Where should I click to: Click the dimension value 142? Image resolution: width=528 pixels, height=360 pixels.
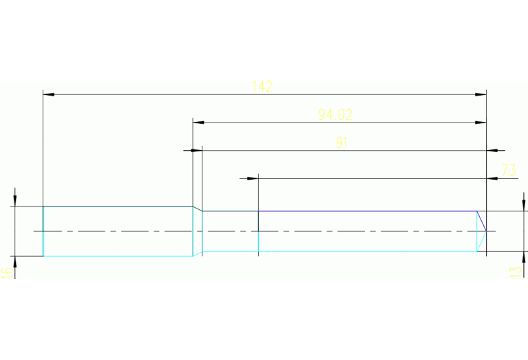pyautogui.click(x=262, y=87)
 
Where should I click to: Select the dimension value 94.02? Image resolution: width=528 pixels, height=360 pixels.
pyautogui.click(x=335, y=115)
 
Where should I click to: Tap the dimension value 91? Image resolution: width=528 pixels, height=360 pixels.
pyautogui.click(x=342, y=142)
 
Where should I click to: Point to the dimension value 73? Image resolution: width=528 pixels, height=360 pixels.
pyautogui.click(x=509, y=170)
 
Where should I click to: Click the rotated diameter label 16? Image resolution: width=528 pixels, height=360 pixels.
pyautogui.click(x=6, y=271)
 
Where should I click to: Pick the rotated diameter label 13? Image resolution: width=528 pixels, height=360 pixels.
pyautogui.click(x=514, y=271)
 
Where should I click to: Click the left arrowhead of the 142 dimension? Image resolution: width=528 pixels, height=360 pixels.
pyautogui.click(x=48, y=94)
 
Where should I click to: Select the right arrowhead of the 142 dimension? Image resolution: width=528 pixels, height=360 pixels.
pyautogui.click(x=481, y=94)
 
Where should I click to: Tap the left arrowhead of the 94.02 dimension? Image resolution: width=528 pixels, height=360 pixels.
pyautogui.click(x=198, y=123)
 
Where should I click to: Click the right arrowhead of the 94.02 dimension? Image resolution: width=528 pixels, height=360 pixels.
pyautogui.click(x=481, y=123)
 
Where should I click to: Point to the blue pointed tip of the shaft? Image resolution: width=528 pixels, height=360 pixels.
pyautogui.click(x=486, y=231)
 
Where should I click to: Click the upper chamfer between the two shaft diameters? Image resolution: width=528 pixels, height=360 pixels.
pyautogui.click(x=198, y=209)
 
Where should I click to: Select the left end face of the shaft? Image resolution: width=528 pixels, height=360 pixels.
pyautogui.click(x=43, y=231)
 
